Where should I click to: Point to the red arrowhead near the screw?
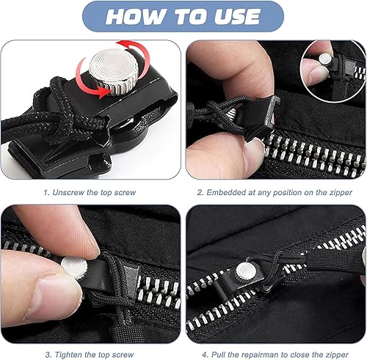click(x=103, y=92)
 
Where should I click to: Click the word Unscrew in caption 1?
click(x=68, y=192)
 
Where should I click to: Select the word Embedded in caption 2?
click(x=226, y=192)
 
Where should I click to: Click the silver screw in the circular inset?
click(x=324, y=59)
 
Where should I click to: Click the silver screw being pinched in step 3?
click(x=73, y=268)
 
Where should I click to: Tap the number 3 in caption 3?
click(x=48, y=355)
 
